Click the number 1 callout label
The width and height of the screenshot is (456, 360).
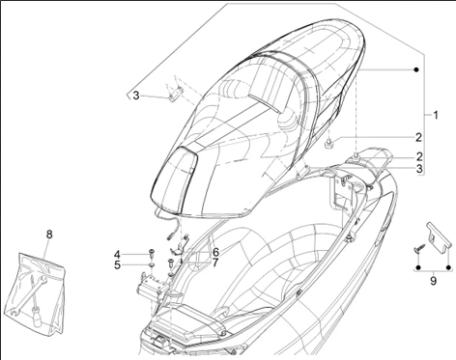click(x=435, y=115)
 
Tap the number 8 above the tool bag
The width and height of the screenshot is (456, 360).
click(x=49, y=235)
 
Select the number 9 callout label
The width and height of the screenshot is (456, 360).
click(x=433, y=281)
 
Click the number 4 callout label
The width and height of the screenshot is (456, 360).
click(x=117, y=255)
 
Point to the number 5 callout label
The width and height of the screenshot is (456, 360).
click(x=117, y=265)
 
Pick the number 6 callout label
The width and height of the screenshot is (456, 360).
click(x=215, y=252)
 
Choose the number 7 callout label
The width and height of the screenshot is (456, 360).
click(x=215, y=263)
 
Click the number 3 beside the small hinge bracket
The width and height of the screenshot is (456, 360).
click(x=136, y=96)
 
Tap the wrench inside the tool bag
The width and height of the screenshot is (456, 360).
click(x=30, y=291)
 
